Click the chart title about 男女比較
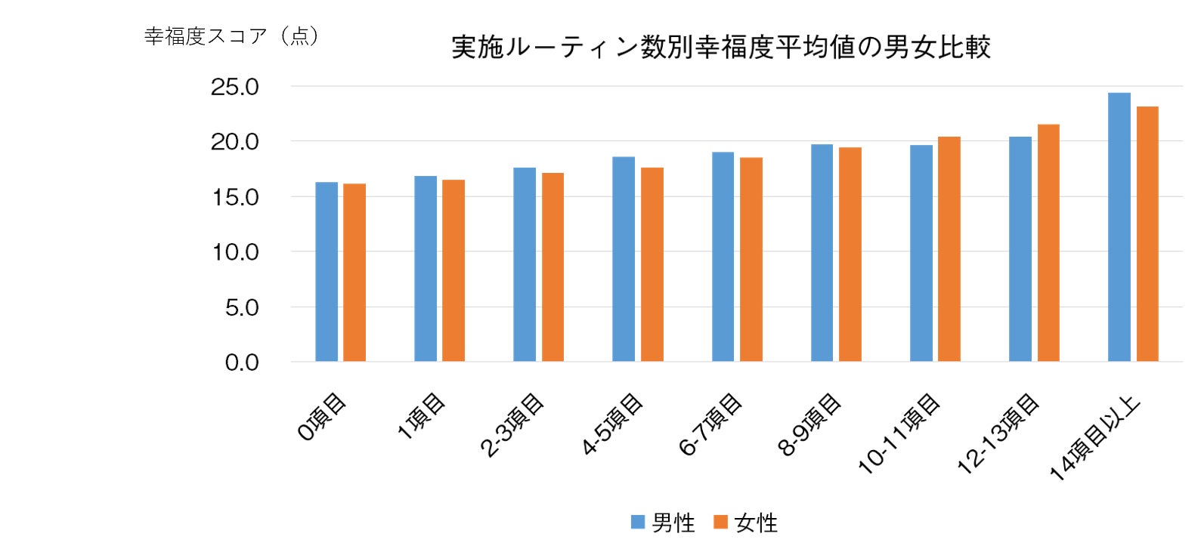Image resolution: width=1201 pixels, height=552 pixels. pyautogui.click(x=720, y=47)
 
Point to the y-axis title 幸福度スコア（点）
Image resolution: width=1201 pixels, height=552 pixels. pyautogui.click(x=232, y=35)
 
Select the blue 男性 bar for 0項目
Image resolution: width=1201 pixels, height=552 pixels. pyautogui.click(x=327, y=272)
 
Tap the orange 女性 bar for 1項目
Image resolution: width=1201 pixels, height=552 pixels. pyautogui.click(x=453, y=270)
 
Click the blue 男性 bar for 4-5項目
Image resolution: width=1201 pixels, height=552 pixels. pyautogui.click(x=624, y=259)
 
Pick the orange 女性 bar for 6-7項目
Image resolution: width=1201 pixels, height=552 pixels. pyautogui.click(x=751, y=259)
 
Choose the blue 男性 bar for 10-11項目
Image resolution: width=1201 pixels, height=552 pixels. pyautogui.click(x=921, y=253)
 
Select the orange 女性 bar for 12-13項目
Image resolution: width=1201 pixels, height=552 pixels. pyautogui.click(x=1048, y=242)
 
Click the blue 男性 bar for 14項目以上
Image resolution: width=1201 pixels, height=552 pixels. pyautogui.click(x=1119, y=227)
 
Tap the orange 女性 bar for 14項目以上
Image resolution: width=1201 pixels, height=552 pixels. pyautogui.click(x=1147, y=234)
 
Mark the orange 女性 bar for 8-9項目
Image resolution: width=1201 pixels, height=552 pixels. pyautogui.click(x=850, y=254)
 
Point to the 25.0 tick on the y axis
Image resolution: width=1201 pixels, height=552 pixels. pyautogui.click(x=234, y=87)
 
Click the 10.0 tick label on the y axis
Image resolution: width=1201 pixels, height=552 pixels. pyautogui.click(x=234, y=252)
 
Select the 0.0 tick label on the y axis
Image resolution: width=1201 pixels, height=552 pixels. pyautogui.click(x=241, y=362)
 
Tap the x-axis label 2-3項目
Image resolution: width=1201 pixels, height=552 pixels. pyautogui.click(x=513, y=425)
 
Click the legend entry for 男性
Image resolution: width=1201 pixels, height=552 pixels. pyautogui.click(x=663, y=523)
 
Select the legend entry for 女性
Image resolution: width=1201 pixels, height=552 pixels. pyautogui.click(x=746, y=523)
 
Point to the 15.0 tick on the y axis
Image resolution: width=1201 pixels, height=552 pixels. pyautogui.click(x=234, y=197)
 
